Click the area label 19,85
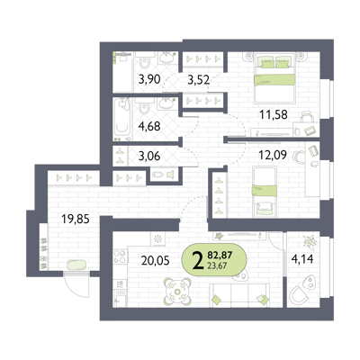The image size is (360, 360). click(76, 220)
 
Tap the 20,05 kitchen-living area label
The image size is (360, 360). click(155, 260)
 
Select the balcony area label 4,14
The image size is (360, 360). click(302, 258)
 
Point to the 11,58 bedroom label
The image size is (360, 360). click(274, 114)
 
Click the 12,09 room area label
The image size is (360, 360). click(273, 155)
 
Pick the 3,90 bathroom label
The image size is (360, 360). click(149, 79)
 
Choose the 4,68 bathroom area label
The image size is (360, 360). click(149, 126)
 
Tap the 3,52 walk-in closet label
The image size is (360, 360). click(198, 79)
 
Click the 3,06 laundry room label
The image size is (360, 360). click(149, 156)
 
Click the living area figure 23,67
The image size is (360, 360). click(217, 265)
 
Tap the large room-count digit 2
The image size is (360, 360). click(197, 260)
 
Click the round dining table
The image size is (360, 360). click(177, 291)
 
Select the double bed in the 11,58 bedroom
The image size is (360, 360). click(274, 77)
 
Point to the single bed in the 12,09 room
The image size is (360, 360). click(265, 192)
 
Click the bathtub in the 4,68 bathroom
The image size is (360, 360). click(122, 118)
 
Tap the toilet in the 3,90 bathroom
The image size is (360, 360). click(145, 63)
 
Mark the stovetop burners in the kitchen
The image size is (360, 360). click(120, 256)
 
